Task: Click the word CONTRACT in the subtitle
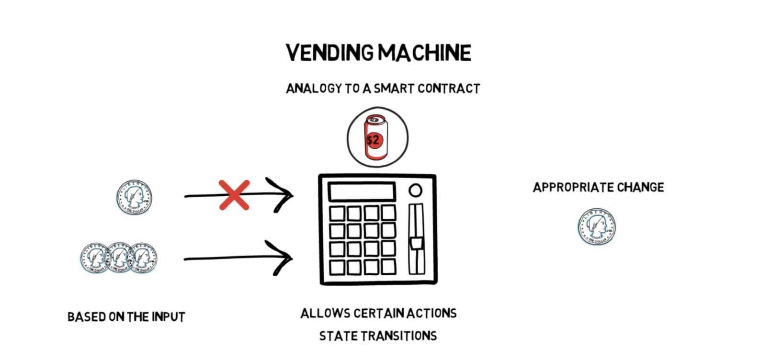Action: [x=448, y=89]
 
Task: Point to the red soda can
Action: [x=376, y=138]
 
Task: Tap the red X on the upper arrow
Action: [x=234, y=195]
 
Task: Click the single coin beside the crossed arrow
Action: [x=134, y=197]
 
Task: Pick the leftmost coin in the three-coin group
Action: [x=95, y=258]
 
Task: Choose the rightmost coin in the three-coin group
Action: [x=142, y=258]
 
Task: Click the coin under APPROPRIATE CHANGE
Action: [x=597, y=226]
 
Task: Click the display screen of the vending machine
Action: [x=362, y=192]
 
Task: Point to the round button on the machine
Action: [x=415, y=191]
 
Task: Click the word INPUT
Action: [x=169, y=317]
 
